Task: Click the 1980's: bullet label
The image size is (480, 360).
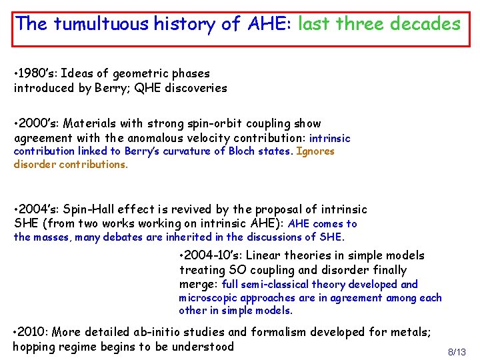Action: tap(37, 73)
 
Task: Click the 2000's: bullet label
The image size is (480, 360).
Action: tap(38, 123)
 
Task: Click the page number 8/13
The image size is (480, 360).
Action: tap(457, 352)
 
